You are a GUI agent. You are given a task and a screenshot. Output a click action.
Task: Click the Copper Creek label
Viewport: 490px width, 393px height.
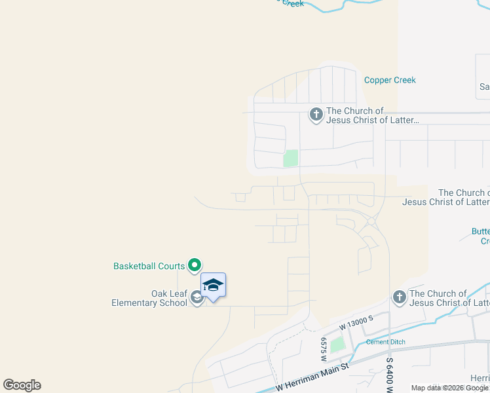[x=390, y=81]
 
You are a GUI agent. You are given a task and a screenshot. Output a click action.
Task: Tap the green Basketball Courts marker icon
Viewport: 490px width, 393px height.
[x=195, y=265]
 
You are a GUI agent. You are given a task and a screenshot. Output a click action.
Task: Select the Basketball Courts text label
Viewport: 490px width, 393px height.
[x=149, y=266]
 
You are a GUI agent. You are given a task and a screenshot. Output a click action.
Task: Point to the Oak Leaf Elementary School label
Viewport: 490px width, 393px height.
[x=149, y=298]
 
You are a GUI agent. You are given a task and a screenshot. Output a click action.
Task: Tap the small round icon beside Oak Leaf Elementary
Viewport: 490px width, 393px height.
[x=197, y=299]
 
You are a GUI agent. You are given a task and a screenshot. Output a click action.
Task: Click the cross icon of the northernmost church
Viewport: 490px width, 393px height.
[x=316, y=116]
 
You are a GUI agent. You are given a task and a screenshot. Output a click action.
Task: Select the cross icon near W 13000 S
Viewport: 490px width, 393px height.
[x=400, y=298]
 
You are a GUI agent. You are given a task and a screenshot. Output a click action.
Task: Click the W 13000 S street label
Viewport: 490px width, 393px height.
[x=356, y=322]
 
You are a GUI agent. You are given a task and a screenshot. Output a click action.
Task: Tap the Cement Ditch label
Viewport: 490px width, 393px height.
[x=385, y=342]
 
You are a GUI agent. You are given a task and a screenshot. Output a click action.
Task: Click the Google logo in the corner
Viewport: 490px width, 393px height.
[x=22, y=384]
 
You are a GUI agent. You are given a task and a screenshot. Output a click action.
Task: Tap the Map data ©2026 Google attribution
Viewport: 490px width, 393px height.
[x=449, y=388]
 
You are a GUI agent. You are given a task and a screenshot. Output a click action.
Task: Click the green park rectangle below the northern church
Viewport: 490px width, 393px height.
[x=290, y=158]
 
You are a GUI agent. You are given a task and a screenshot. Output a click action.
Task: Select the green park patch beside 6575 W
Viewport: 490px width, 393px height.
[x=337, y=345]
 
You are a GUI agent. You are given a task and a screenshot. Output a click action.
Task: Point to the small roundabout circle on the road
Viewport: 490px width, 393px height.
[x=371, y=222]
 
